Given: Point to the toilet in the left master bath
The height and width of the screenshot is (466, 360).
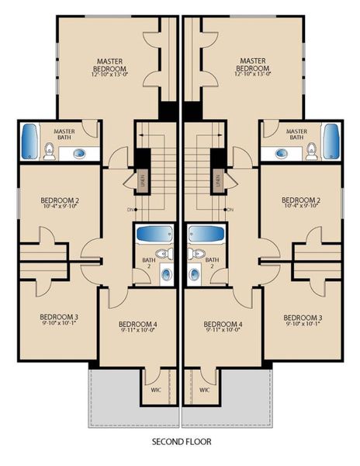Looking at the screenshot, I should pos(50,151).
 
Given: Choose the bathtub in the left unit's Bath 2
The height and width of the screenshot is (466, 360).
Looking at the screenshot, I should pos(154,233).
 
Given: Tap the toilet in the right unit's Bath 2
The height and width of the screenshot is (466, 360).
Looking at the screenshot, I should pos(197,254).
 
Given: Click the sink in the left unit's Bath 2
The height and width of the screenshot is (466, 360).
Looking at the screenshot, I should pos(166,273).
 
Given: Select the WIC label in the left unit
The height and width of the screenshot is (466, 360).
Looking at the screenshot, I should pos(156,389).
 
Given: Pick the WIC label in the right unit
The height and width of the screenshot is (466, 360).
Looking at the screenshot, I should pos(205,389).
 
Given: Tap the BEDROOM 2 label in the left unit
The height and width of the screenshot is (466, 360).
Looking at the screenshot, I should pos(60,200).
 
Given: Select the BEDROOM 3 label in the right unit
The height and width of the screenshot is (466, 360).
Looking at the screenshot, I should pos(301,317).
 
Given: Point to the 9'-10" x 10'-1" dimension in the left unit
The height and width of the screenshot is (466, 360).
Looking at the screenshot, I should pos(59,325).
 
